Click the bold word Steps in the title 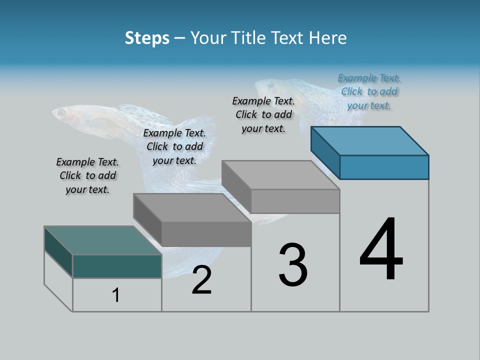[x=147, y=38]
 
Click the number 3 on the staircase [x=293, y=265]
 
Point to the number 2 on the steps [x=201, y=280]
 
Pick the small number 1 [x=116, y=295]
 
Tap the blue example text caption [x=369, y=92]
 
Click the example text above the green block [x=87, y=175]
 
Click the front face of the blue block [x=384, y=167]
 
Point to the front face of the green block [x=117, y=266]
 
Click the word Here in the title [x=329, y=38]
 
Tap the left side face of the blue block [x=325, y=152]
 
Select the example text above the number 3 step [x=263, y=114]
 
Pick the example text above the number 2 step [x=174, y=146]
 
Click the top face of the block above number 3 [x=280, y=175]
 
